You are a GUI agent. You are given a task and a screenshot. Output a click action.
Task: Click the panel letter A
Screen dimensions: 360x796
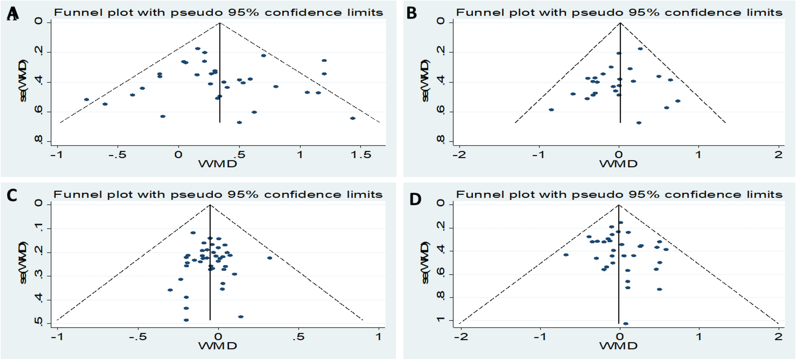coord(12,14)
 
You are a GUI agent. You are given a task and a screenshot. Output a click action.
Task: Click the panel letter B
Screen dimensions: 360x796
coord(412,13)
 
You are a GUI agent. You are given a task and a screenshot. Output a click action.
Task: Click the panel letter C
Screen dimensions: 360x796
coord(12,195)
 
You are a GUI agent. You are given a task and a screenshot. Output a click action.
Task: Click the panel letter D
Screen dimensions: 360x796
coord(415,199)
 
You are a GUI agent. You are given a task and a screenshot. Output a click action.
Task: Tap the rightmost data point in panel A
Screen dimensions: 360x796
coord(353,118)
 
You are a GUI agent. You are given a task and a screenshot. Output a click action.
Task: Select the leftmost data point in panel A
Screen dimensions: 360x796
coord(86,99)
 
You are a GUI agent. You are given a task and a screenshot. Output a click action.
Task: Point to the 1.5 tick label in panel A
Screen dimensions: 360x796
coord(361,155)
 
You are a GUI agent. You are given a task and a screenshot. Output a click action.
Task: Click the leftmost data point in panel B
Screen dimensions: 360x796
coord(551,110)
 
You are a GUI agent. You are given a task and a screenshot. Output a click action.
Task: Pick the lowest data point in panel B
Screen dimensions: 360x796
coord(639,123)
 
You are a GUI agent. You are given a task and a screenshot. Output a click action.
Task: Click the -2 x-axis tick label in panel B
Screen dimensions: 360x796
coord(459,155)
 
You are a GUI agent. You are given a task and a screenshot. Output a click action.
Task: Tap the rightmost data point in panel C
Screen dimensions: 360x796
coord(269,258)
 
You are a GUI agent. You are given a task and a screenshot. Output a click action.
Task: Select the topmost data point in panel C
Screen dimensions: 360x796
coord(193,233)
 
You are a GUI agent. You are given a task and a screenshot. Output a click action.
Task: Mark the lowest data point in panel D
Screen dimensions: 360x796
coord(625,323)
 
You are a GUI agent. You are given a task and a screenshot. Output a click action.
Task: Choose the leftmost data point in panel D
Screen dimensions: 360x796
coord(566,255)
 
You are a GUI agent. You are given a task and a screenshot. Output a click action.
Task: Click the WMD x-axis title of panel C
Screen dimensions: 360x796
coord(218,346)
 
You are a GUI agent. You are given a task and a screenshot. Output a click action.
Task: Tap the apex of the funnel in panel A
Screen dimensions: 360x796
coord(220,23)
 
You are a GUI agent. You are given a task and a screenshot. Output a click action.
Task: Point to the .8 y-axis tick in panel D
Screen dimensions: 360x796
coord(441,297)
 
